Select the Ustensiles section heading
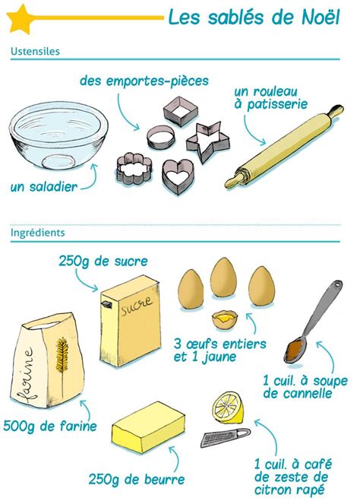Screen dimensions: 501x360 pos(36,52)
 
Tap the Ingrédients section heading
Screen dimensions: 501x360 pos(38,233)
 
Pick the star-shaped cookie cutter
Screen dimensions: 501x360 pos(207,142)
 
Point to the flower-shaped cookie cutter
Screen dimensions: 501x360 pos(131,170)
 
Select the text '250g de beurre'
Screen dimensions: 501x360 pos(136,480)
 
